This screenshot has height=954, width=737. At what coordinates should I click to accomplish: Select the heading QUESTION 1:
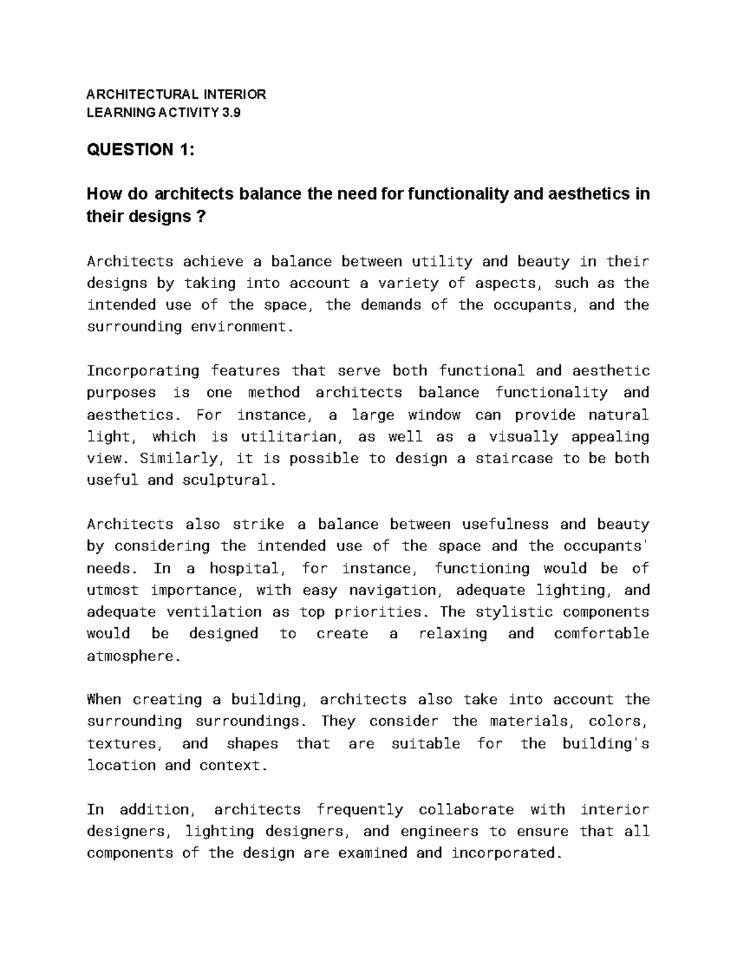pos(141,149)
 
